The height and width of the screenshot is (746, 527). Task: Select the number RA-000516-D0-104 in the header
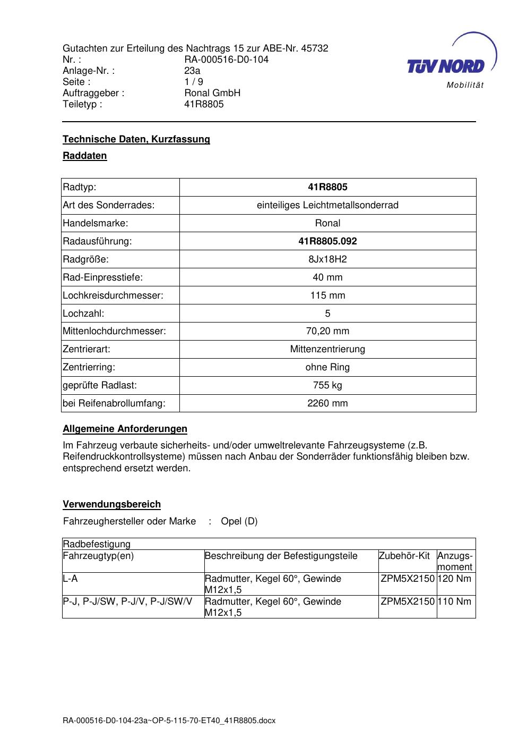tap(226, 60)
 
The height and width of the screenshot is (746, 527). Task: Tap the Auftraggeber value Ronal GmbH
tap(212, 93)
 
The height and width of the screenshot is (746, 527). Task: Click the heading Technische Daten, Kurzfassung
tap(136, 139)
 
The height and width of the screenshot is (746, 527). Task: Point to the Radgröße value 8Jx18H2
tap(327, 259)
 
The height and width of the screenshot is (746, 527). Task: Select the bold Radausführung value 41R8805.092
tap(327, 241)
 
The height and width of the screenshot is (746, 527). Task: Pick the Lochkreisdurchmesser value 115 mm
tap(327, 295)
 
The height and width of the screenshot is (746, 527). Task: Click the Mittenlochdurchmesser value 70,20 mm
tap(327, 331)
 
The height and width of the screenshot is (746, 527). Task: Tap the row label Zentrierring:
tap(89, 367)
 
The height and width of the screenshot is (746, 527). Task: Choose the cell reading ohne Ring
tap(327, 367)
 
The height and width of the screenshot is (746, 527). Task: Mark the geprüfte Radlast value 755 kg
tap(327, 385)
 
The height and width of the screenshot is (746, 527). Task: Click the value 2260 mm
tap(327, 403)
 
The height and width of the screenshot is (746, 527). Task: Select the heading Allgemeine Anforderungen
tap(125, 429)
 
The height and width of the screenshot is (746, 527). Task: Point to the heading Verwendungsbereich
tap(111, 504)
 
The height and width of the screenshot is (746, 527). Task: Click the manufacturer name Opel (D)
tap(239, 521)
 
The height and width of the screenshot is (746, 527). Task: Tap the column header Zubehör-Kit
tap(404, 556)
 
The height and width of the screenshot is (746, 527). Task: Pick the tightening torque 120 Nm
tap(456, 579)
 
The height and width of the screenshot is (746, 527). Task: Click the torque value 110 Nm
tap(456, 601)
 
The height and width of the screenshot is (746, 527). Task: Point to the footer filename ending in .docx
tap(169, 721)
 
